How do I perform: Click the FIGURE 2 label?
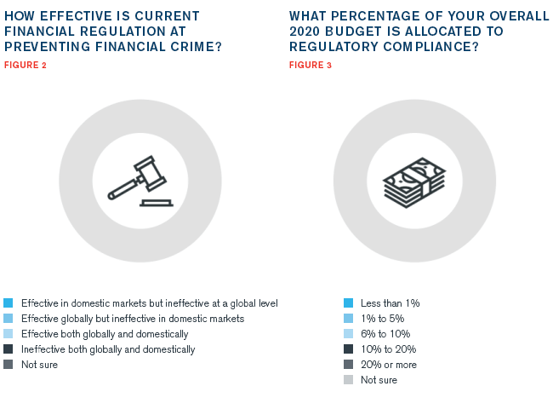pyautogui.click(x=25, y=66)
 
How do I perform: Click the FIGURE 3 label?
pyautogui.click(x=311, y=66)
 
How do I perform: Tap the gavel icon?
pyautogui.click(x=140, y=181)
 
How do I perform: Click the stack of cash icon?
pyautogui.click(x=414, y=182)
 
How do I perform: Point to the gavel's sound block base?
pyautogui.click(x=157, y=203)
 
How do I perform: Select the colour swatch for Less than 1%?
pyautogui.click(x=349, y=303)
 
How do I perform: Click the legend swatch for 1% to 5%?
pyautogui.click(x=349, y=318)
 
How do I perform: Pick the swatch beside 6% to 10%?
pyautogui.click(x=349, y=334)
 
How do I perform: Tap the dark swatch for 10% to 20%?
pyautogui.click(x=349, y=349)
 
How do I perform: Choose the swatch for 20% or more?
pyautogui.click(x=349, y=365)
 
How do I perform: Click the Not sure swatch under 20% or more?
pyautogui.click(x=349, y=380)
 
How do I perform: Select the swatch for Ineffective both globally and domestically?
pyautogui.click(x=9, y=349)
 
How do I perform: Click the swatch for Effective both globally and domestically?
pyautogui.click(x=9, y=334)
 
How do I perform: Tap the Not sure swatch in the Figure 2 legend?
pyautogui.click(x=9, y=365)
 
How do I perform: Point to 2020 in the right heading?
pyautogui.click(x=305, y=32)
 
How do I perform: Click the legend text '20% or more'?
pyautogui.click(x=389, y=365)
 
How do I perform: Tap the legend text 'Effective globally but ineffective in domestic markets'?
pyautogui.click(x=133, y=319)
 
